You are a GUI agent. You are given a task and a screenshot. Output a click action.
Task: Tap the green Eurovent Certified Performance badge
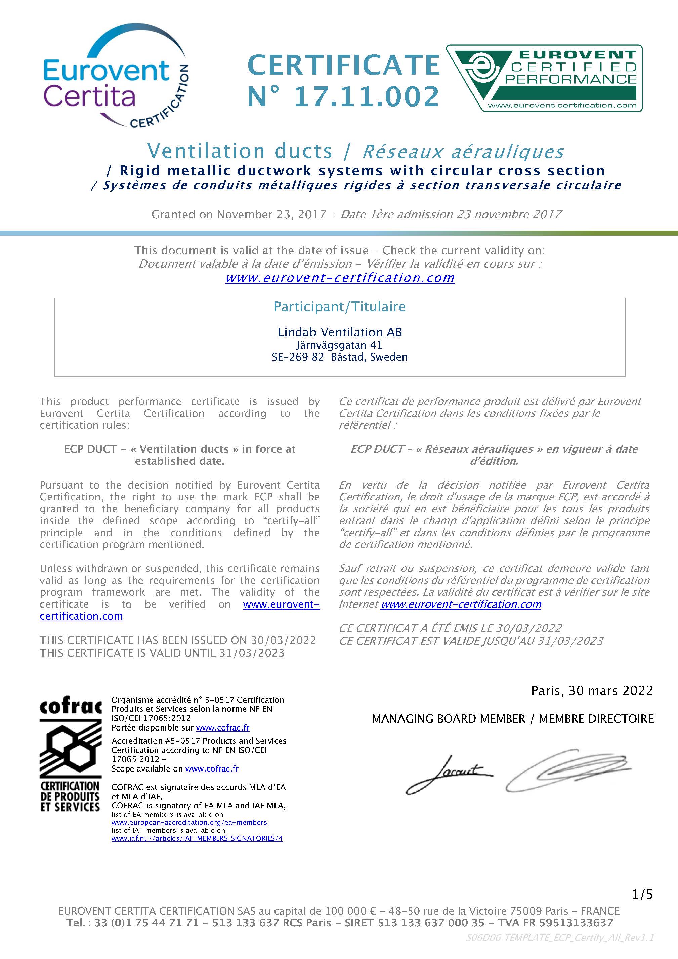[544, 78]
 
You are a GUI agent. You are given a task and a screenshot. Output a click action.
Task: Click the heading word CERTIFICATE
[343, 66]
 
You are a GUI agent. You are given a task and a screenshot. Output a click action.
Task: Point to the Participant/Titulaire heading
[339, 307]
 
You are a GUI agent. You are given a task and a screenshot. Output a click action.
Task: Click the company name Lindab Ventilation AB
[339, 332]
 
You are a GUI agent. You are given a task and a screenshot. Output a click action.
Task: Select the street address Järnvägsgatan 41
[339, 345]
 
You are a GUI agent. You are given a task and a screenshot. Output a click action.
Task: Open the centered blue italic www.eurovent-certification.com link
[340, 278]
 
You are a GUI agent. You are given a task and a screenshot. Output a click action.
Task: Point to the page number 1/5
[642, 894]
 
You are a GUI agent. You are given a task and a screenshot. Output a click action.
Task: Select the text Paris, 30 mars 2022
[592, 691]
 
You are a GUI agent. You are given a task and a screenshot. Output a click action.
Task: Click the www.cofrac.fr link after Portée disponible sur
[223, 727]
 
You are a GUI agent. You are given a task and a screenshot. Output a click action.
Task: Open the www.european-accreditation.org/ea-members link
[189, 822]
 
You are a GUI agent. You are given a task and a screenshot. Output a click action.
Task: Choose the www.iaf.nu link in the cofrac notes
[197, 838]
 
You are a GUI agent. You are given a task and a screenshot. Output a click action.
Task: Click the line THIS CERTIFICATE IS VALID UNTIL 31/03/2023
[162, 653]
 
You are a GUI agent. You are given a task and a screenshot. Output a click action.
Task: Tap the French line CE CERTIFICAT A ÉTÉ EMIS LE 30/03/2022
[450, 628]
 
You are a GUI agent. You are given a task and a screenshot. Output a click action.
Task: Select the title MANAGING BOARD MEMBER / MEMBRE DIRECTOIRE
[513, 719]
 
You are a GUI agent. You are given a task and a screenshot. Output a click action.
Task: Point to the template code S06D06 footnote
[560, 938]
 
